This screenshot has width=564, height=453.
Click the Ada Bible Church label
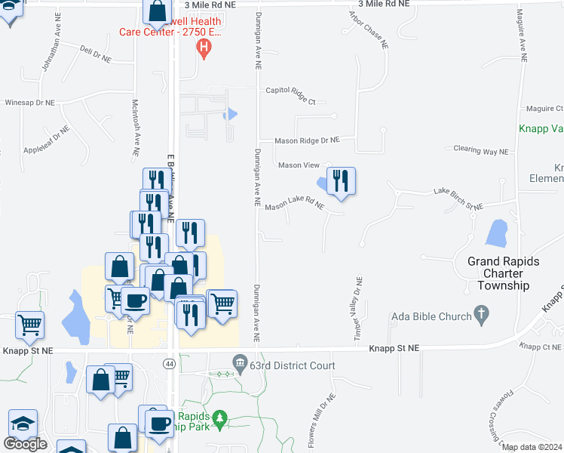[434, 316]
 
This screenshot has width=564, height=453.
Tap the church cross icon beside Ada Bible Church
[482, 313]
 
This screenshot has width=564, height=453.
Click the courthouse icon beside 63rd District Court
[241, 363]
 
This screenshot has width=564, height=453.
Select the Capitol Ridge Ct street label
[290, 91]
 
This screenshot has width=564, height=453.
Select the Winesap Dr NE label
[30, 102]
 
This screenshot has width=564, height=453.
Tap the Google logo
[26, 444]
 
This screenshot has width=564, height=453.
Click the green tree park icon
[219, 418]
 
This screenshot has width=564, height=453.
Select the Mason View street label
[299, 165]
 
